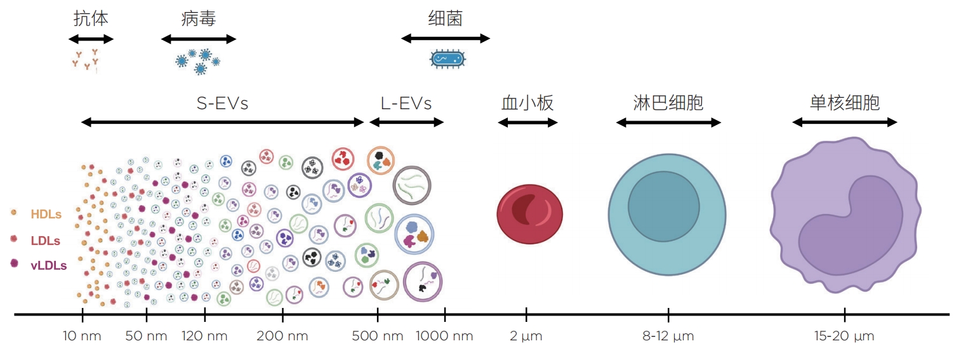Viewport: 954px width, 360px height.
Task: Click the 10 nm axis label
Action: click(x=82, y=336)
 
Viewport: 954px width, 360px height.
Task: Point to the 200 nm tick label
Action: click(x=282, y=336)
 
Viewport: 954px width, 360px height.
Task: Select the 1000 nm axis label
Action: click(x=444, y=336)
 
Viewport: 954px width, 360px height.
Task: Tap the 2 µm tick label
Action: click(x=526, y=336)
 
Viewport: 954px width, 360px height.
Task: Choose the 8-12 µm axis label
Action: click(x=668, y=336)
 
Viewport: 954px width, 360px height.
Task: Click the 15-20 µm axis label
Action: click(x=844, y=336)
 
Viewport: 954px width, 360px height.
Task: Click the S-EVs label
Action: click(x=222, y=103)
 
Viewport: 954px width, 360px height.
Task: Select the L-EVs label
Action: click(x=406, y=103)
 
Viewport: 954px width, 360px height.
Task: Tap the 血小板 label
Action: click(x=527, y=103)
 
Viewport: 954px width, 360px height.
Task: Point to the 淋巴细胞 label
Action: click(x=668, y=103)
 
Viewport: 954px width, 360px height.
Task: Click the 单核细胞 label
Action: click(x=845, y=103)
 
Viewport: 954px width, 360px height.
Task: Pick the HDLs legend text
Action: click(x=46, y=215)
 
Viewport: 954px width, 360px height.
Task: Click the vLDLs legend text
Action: click(x=49, y=266)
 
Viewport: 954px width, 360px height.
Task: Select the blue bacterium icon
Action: click(x=448, y=59)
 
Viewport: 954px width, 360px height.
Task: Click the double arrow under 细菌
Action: click(x=446, y=39)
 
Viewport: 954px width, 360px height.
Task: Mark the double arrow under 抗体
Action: click(x=91, y=39)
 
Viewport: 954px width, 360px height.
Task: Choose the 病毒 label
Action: click(x=199, y=18)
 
